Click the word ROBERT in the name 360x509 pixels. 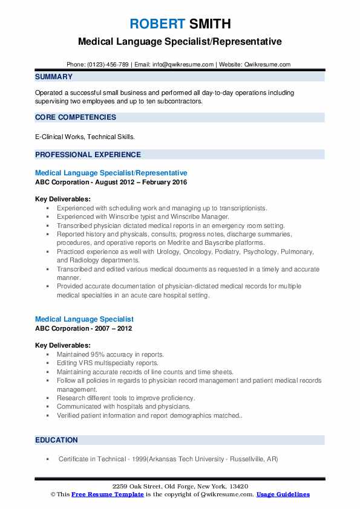point(156,24)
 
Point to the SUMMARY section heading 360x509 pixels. point(54,77)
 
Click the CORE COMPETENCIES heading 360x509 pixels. point(76,117)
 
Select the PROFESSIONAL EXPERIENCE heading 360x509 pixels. point(88,154)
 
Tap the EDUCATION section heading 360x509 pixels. point(56,440)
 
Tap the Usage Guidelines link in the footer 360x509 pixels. point(283,494)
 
